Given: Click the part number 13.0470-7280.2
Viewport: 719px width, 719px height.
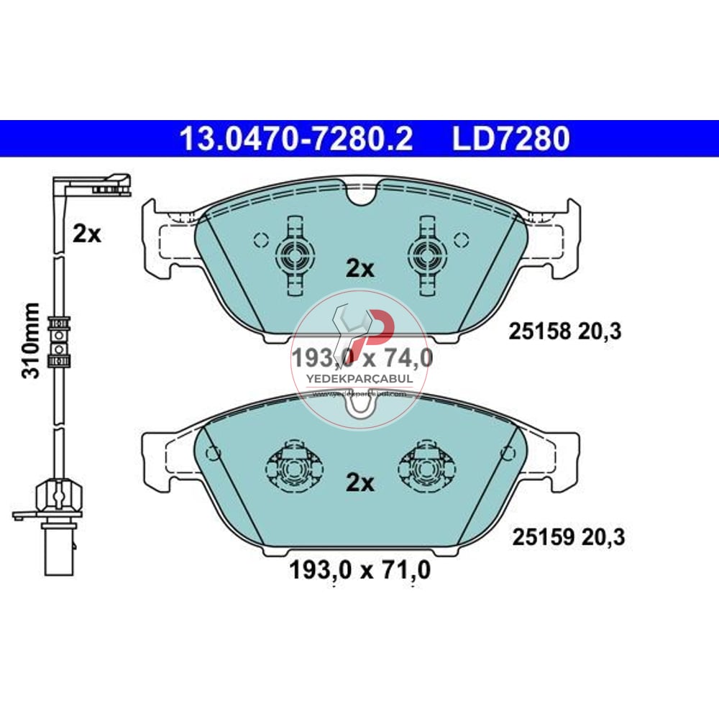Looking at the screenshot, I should point(296,139).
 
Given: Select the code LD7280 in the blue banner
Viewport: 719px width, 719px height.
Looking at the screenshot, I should point(510,139).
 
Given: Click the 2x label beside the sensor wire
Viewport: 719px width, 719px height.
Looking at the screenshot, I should point(88,234).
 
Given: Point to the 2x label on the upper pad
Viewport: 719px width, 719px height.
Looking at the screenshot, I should point(360,269).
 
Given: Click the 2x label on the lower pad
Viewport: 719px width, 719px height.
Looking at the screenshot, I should point(360,483).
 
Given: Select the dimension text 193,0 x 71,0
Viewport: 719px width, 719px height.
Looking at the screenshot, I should point(359,571).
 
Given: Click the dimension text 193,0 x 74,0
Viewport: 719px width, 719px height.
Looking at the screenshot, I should point(361,357).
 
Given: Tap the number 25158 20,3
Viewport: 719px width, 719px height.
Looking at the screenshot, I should point(564,331).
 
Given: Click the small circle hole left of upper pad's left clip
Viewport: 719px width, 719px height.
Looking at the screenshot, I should point(260,239).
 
